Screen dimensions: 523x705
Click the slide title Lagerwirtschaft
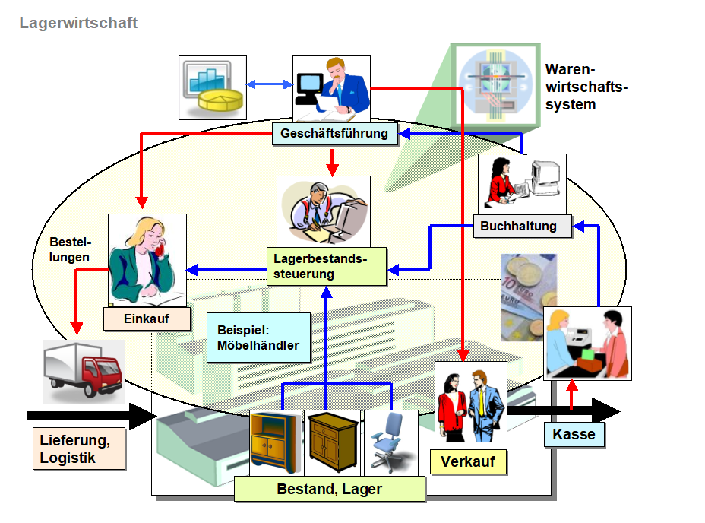78,23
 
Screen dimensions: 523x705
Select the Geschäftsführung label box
334,135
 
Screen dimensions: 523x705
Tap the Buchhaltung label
518,226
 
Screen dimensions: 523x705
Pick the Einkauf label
147,319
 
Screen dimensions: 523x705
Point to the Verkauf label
467,461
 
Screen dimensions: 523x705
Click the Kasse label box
574,435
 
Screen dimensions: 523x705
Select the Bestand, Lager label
329,489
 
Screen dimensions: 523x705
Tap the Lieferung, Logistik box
79,448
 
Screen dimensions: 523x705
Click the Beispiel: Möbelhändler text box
258,339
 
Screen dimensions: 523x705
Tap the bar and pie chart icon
212,87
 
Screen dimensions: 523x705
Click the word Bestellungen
70,250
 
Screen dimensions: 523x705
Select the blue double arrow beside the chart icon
270,83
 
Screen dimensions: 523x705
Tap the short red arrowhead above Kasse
573,386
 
